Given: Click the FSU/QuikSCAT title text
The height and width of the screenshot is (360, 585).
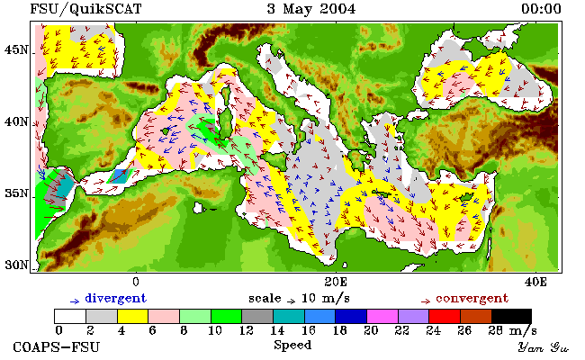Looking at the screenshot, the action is click(85, 9).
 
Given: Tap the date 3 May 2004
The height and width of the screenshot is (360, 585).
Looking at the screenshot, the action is click(311, 9).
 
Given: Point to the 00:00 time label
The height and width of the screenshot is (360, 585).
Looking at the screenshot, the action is click(541, 9).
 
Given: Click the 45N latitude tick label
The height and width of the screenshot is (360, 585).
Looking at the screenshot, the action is click(16, 49).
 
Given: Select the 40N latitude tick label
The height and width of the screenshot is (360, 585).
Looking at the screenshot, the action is click(16, 121).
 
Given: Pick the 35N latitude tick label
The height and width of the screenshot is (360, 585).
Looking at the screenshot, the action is click(16, 193).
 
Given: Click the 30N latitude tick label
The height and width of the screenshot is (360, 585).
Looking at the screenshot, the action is click(16, 265).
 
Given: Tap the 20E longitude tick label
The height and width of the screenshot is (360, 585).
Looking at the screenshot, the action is click(336, 282).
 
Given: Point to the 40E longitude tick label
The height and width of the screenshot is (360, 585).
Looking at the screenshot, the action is click(535, 282).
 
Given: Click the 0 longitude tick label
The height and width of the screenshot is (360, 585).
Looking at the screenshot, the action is click(136, 282).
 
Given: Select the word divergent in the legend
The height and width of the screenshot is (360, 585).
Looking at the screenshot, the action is click(116, 299).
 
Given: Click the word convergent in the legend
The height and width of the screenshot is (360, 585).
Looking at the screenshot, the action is click(472, 299).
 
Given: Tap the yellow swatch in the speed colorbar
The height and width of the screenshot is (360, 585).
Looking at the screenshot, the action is click(133, 316).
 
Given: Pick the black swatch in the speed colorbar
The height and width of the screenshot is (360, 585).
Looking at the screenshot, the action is click(511, 316).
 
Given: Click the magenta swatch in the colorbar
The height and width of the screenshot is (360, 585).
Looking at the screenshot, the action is click(382, 316).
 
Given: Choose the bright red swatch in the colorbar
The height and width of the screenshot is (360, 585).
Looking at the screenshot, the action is click(445, 316).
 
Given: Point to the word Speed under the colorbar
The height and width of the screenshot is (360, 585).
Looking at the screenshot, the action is click(292, 345).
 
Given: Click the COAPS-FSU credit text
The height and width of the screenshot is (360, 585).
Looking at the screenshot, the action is click(57, 347).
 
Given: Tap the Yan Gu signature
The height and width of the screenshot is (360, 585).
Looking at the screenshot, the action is click(543, 347).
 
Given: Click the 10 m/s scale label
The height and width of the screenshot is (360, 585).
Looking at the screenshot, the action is click(325, 299).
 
